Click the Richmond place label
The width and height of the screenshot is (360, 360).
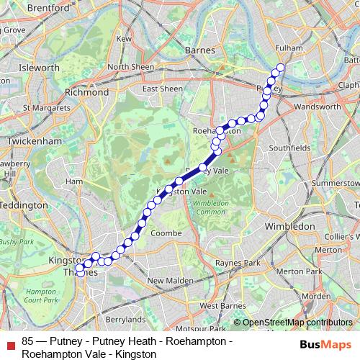[x=86, y=93]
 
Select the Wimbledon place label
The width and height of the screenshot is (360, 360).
[x=290, y=226]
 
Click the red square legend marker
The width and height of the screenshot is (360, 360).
[x=9, y=344]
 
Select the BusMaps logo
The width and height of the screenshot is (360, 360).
[x=325, y=345]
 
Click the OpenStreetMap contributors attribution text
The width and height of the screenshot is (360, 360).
[x=297, y=323]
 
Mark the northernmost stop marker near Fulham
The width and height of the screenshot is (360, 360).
[x=281, y=68]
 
